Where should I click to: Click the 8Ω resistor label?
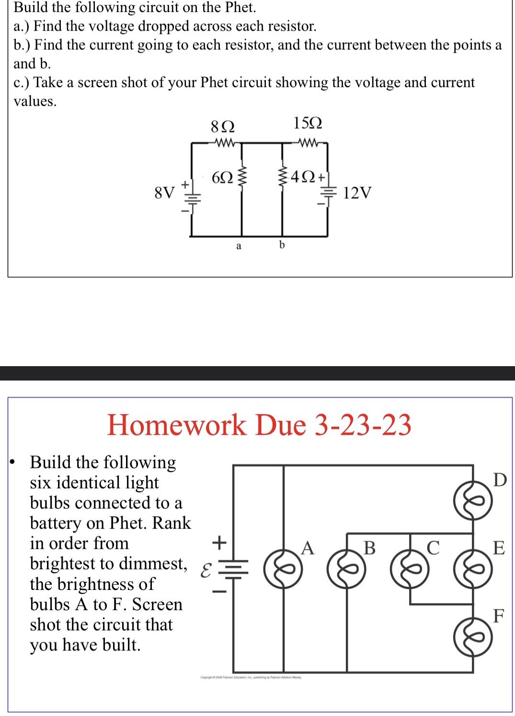pos(223,127)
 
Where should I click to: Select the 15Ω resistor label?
pos(308,123)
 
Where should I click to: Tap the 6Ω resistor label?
pos(222,178)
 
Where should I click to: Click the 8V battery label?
pos(164,193)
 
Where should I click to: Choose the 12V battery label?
pos(357,193)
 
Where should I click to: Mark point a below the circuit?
pos(239,246)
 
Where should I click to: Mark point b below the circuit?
pos(282,245)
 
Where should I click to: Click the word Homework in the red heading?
pos(176,425)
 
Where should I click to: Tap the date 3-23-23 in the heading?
pos(363,425)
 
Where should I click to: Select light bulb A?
pos(283,569)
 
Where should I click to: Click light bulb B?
pos(346,569)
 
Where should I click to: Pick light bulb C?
pos(410,569)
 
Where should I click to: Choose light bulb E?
pos(473,569)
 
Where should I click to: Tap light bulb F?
pos(473,637)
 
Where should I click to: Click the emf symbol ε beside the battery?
pos(205,570)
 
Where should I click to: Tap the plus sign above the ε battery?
pos(219,543)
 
